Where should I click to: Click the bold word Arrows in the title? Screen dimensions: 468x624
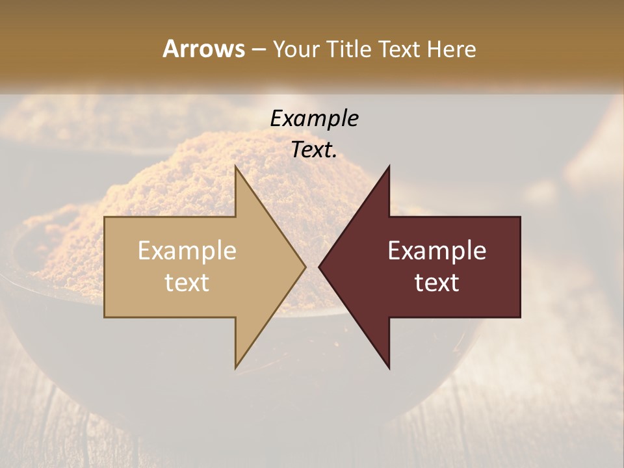pos(203,49)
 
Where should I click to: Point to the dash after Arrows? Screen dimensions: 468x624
pos(258,50)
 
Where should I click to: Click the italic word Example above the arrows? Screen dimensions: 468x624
pos(314,118)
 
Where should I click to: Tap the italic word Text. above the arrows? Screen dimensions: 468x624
pos(314,150)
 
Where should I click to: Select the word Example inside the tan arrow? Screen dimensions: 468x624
pos(187,251)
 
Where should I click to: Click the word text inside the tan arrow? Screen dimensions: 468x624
pos(187,282)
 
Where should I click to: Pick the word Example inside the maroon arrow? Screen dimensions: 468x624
pos(437,251)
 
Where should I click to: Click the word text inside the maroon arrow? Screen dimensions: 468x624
pos(437,282)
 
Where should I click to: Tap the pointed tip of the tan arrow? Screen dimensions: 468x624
pos(305,267)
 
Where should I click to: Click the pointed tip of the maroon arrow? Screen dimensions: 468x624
pos(318,267)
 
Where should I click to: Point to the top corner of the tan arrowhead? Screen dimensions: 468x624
pos(235,166)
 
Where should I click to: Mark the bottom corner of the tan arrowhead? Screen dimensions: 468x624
pos(235,368)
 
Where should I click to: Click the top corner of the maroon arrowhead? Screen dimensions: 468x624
pos(389,166)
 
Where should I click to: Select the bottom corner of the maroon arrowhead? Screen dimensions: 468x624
pos(389,368)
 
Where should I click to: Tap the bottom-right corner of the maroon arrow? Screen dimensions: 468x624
pos(520,317)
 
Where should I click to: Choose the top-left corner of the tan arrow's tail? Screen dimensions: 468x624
pos(105,217)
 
